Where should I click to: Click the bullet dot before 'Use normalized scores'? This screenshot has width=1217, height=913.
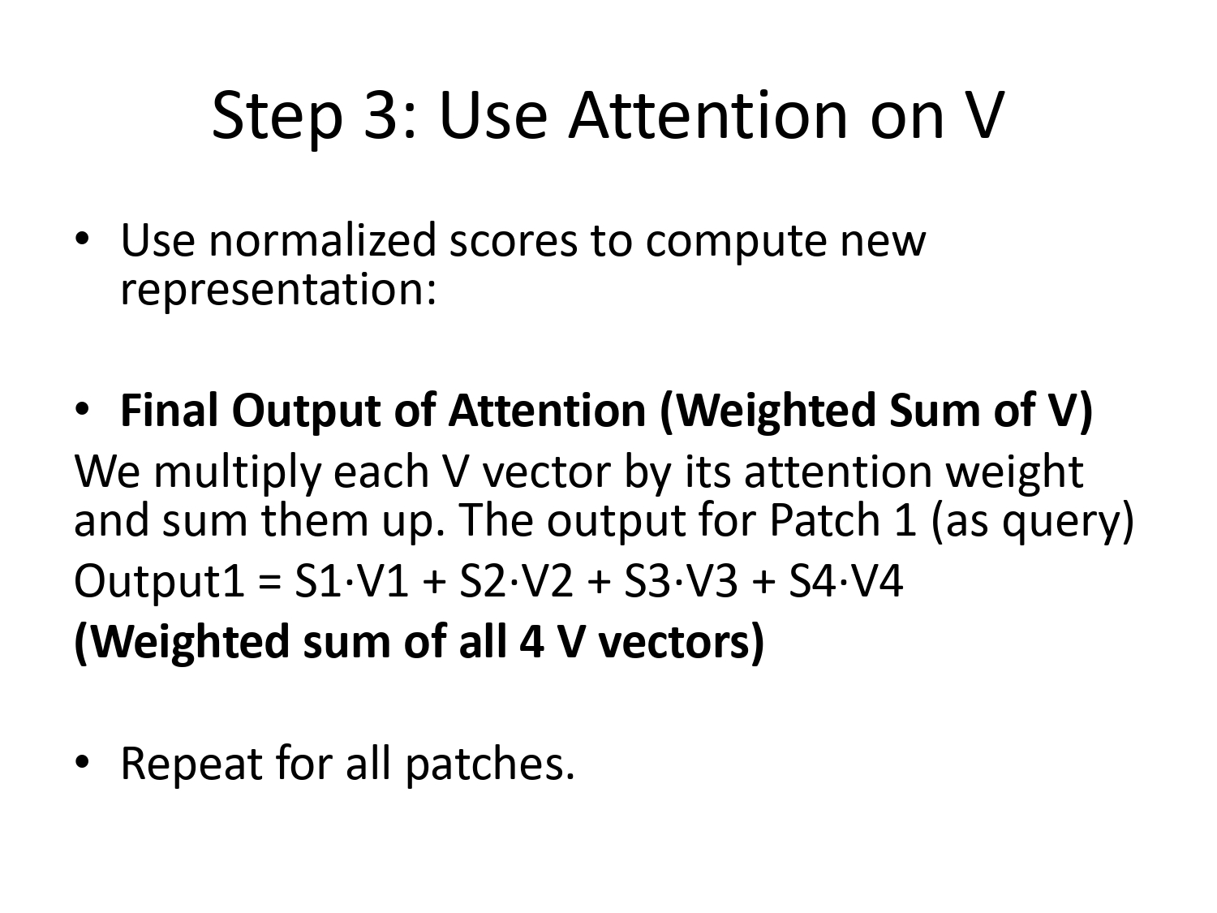tap(82, 241)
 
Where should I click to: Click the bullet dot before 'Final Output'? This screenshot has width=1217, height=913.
tap(82, 411)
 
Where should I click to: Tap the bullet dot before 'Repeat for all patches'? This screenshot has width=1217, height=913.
tap(82, 764)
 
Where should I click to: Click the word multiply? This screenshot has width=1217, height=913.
tap(239, 472)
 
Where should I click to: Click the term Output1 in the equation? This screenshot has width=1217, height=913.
tap(159, 582)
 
